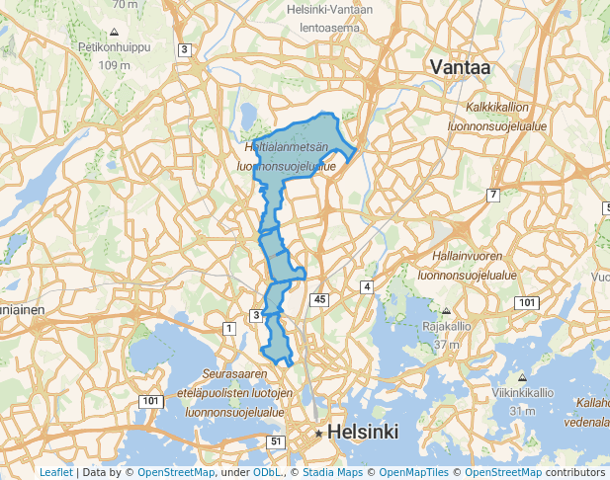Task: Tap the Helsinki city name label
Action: [363, 432]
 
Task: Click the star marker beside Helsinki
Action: [319, 434]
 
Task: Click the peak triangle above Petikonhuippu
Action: [114, 33]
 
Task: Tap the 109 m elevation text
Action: [115, 65]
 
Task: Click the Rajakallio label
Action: [447, 326]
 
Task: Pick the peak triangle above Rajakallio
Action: [447, 312]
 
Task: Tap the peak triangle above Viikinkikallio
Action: [521, 378]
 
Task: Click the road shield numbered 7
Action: [492, 195]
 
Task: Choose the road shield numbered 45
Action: [317, 298]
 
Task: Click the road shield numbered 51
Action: [275, 441]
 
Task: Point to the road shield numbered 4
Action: [367, 286]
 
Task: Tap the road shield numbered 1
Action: [229, 327]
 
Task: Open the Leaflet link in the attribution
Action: [55, 473]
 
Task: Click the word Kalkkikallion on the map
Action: [499, 107]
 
